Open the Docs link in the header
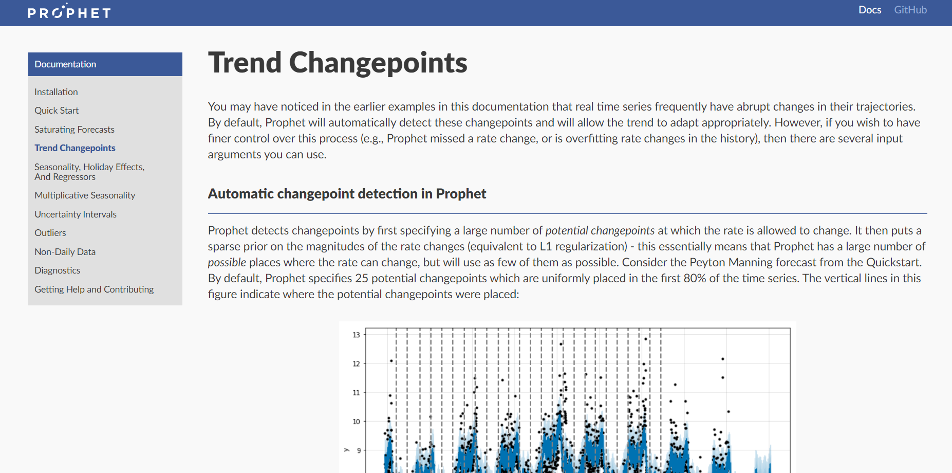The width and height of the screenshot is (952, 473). (x=870, y=10)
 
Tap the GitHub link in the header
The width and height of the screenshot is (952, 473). (x=910, y=10)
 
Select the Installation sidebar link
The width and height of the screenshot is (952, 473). (x=56, y=92)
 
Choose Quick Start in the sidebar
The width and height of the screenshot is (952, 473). (x=57, y=111)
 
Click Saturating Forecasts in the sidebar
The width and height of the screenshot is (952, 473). (x=74, y=130)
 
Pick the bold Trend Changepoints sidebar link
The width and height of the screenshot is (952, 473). (x=75, y=148)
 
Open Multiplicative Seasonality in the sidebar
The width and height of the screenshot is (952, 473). (x=85, y=195)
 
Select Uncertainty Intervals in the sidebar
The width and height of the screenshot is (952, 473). (x=76, y=214)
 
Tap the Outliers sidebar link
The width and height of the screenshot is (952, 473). (x=50, y=233)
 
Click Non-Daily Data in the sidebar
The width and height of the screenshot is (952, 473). (x=65, y=252)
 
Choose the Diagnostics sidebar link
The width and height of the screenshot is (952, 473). (x=58, y=270)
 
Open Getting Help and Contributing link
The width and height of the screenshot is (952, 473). (x=94, y=289)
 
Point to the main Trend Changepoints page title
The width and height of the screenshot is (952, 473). (x=338, y=63)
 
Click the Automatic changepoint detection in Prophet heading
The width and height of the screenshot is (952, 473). (x=347, y=194)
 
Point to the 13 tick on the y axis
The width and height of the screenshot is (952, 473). (x=356, y=335)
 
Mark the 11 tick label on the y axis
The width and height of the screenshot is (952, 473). (x=356, y=393)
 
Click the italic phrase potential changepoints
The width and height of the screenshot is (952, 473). (x=600, y=230)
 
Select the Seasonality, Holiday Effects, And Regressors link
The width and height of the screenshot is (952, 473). (x=89, y=172)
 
